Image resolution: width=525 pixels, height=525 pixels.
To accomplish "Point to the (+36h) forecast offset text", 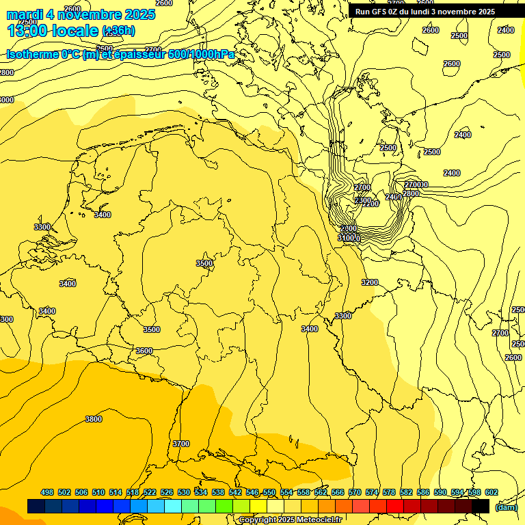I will point(118,31).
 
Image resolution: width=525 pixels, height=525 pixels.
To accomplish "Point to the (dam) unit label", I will point(506,507).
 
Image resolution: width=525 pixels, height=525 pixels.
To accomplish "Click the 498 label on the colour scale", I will point(47,492).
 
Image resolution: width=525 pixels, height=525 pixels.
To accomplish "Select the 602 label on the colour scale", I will point(492,492).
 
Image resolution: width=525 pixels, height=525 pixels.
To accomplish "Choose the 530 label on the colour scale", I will point(184,492).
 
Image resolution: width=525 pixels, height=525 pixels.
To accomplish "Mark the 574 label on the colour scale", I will point(372,492).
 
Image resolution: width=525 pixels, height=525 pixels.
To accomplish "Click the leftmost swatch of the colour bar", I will point(36,507).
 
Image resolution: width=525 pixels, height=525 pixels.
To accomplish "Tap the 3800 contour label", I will point(94,419).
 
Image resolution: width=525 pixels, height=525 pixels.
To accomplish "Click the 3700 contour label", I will point(181,444).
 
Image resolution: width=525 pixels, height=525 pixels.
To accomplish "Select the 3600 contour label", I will point(144,351).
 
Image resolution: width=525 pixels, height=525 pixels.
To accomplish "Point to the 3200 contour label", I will point(370,282).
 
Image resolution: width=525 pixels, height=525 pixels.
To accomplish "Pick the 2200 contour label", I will point(370,204).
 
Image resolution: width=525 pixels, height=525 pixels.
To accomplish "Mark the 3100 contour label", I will point(348,238).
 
